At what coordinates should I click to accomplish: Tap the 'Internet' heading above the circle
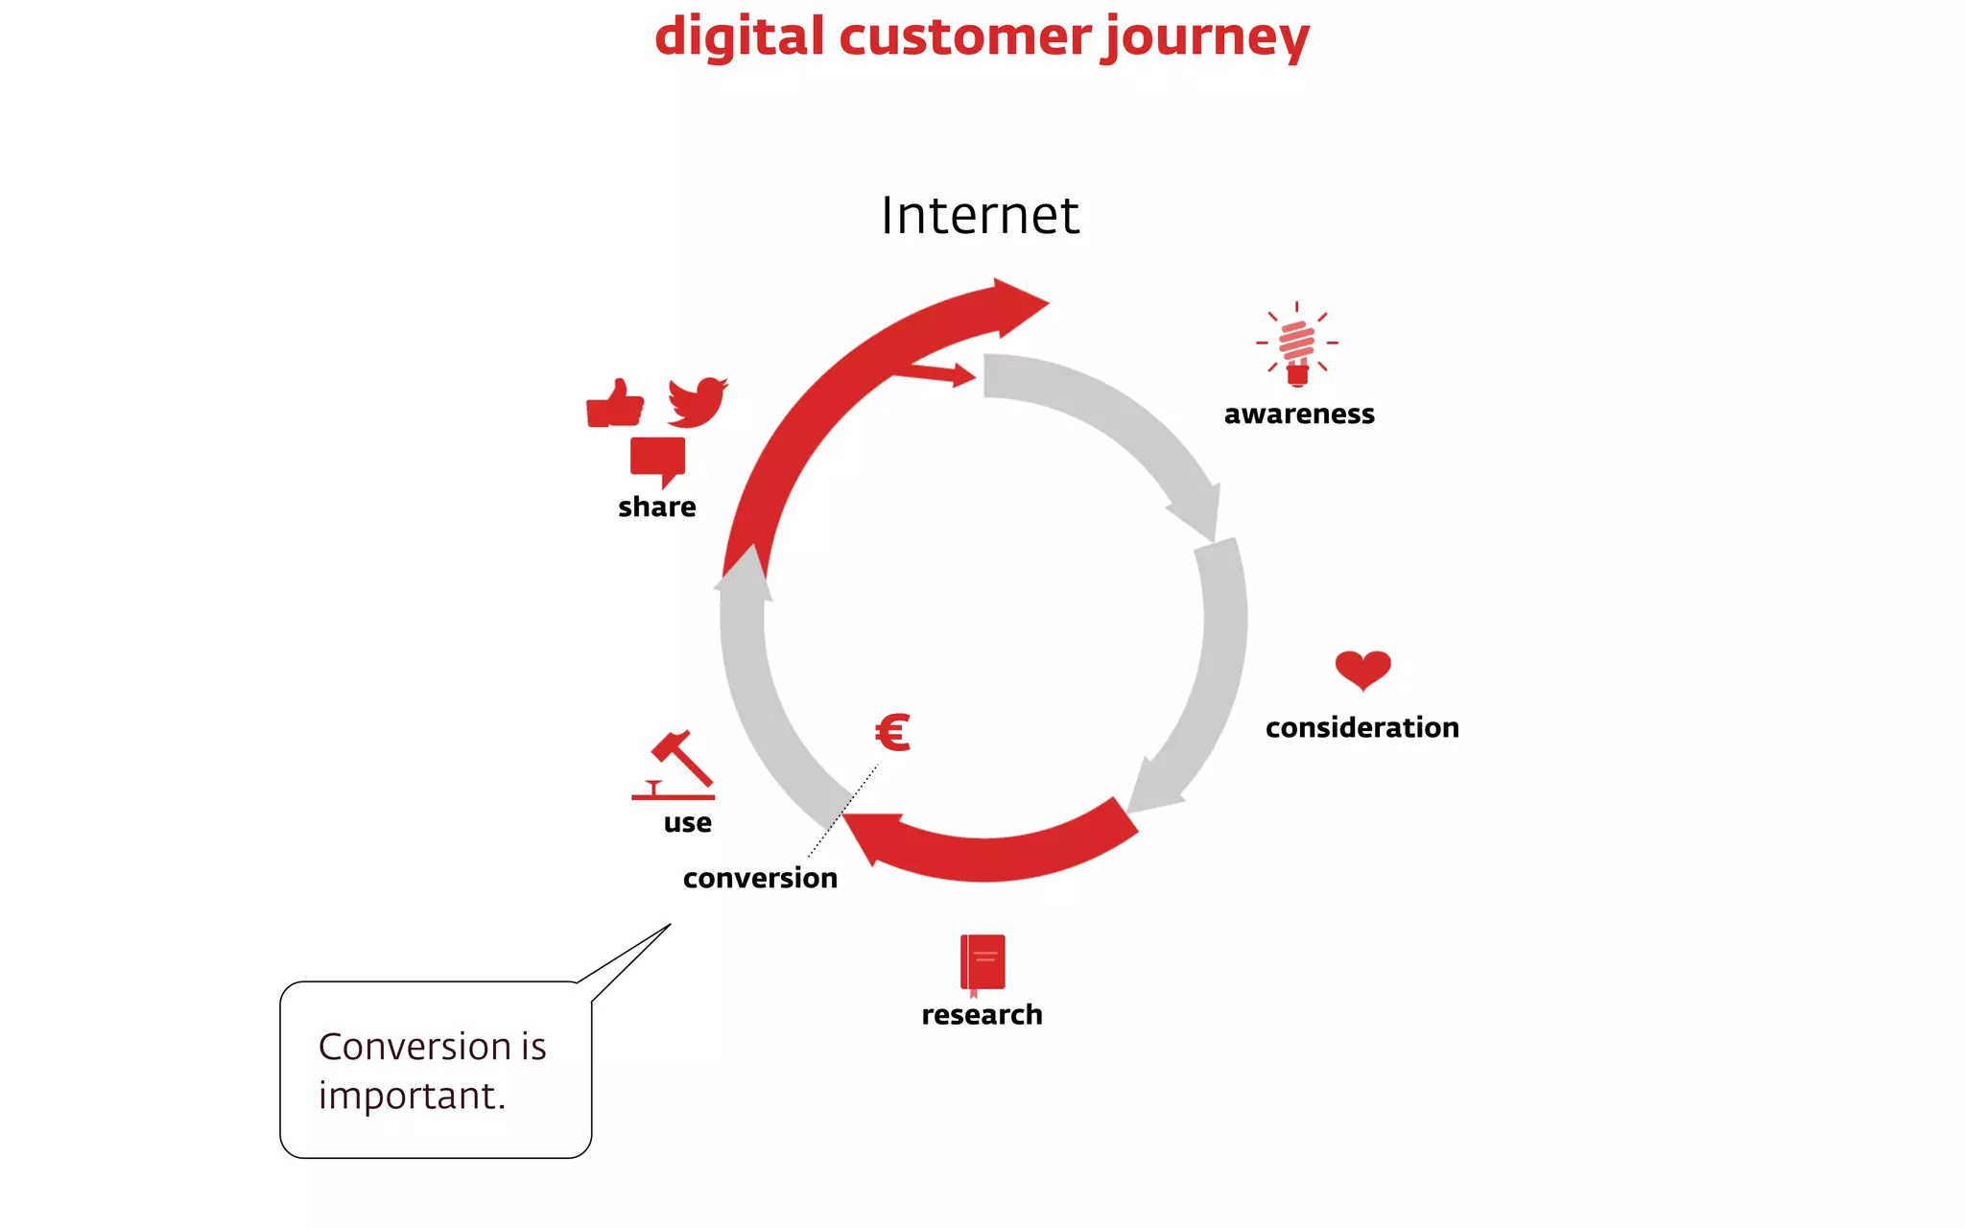[x=980, y=215]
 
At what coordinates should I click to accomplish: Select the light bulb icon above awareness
[x=1297, y=345]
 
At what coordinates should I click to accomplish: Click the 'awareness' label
[x=1299, y=413]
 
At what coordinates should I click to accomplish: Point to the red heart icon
[x=1362, y=669]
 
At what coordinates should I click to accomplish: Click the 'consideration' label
[x=1361, y=727]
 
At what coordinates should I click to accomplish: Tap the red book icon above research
[x=982, y=963]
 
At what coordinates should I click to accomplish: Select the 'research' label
[x=982, y=1014]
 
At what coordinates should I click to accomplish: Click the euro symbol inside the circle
[x=892, y=733]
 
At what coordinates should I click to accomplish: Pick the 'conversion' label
[x=760, y=878]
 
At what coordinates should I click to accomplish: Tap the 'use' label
[x=687, y=822]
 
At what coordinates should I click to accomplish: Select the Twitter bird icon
[x=698, y=402]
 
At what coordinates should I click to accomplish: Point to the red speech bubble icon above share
[x=658, y=460]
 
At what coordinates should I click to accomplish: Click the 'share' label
[x=656, y=507]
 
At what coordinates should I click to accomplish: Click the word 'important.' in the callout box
[x=412, y=1096]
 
